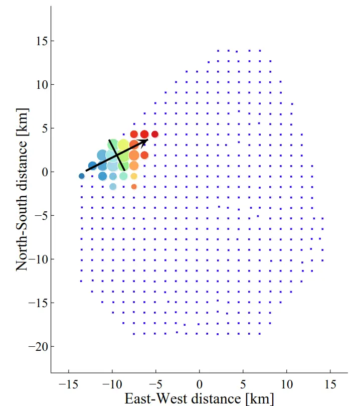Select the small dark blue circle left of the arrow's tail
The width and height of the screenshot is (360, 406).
tap(81, 176)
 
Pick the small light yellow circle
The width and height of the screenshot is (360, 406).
tap(134, 176)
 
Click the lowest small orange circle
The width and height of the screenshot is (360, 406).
tap(134, 186)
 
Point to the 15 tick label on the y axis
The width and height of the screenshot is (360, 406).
tap(42, 41)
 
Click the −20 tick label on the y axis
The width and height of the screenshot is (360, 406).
tap(38, 346)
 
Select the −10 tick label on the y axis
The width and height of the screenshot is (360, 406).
tap(38, 259)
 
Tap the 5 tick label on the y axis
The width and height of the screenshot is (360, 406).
tap(45, 128)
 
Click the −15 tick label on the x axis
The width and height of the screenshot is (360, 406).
tap(68, 384)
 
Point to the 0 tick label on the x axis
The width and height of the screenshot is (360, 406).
tap(200, 384)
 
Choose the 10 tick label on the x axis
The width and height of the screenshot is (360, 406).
tap(287, 384)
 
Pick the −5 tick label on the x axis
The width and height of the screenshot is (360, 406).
tap(156, 384)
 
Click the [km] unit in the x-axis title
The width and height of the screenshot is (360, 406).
tap(260, 399)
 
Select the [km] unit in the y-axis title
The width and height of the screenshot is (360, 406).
tap(22, 122)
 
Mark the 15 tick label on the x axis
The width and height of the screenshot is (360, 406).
tap(330, 384)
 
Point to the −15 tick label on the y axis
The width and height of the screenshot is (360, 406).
tap(38, 303)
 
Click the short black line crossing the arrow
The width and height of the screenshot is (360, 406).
tap(117, 155)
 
